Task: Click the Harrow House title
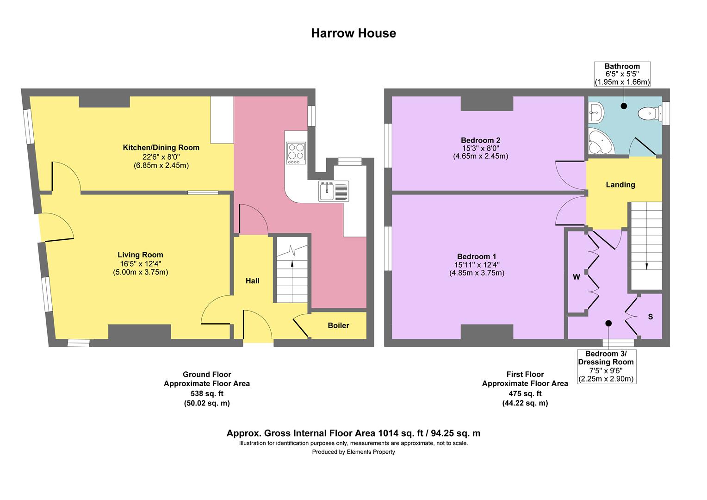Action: click(353, 33)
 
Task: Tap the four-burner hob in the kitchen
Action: click(296, 153)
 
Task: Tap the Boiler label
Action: click(338, 325)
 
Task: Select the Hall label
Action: click(252, 281)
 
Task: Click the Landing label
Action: click(620, 185)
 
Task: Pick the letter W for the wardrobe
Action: click(576, 277)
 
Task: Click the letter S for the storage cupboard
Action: click(650, 317)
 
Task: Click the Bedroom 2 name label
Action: click(480, 140)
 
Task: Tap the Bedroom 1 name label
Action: click(477, 256)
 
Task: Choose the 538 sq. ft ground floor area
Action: click(207, 394)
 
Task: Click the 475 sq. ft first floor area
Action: click(525, 394)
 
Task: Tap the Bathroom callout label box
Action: click(622, 74)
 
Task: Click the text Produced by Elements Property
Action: click(353, 452)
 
